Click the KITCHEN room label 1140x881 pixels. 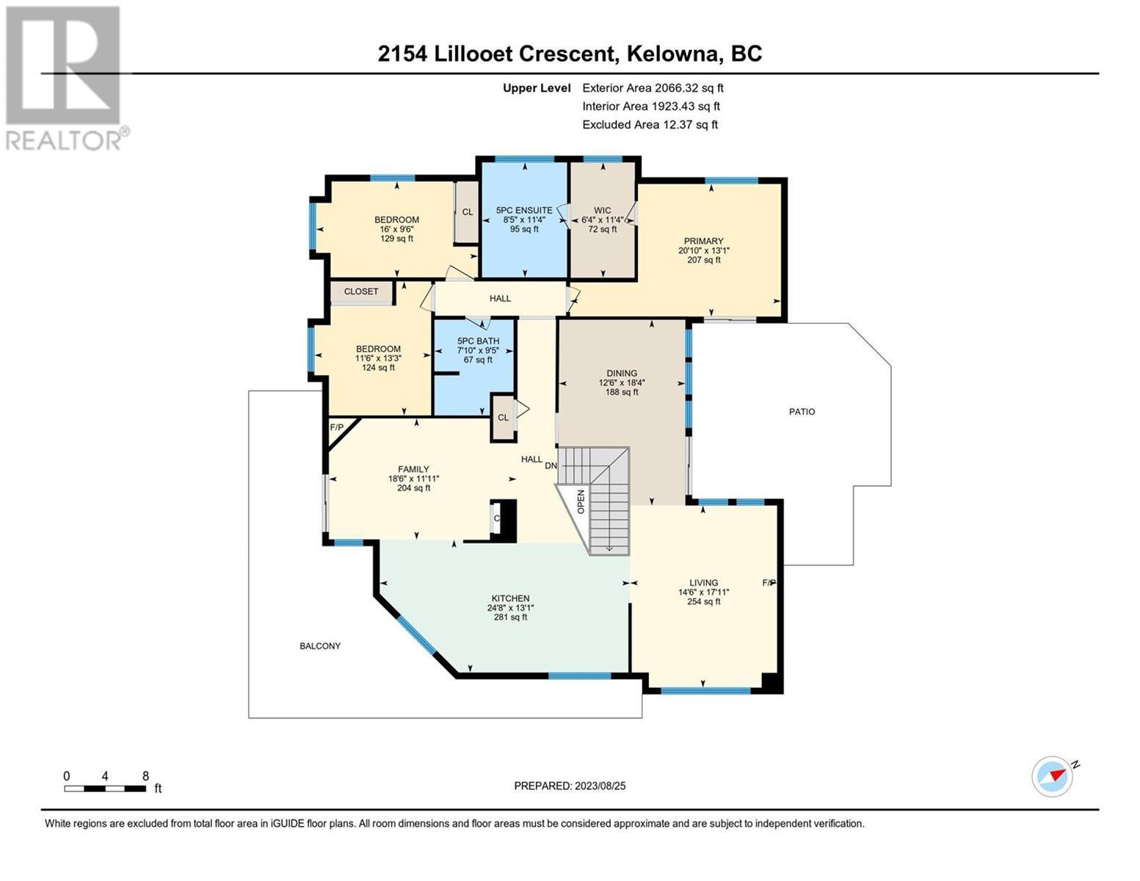(x=510, y=598)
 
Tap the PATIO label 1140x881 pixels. (x=802, y=412)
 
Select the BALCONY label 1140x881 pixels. (x=320, y=646)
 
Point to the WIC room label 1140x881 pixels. (x=602, y=211)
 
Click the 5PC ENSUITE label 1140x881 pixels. (x=524, y=211)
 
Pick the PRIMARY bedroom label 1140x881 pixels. (x=703, y=242)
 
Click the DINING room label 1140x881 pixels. (x=622, y=374)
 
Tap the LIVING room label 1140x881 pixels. (x=703, y=582)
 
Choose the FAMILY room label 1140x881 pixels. (x=413, y=469)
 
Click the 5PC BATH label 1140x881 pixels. (x=478, y=341)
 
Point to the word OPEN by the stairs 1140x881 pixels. (x=581, y=501)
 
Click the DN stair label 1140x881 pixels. (x=551, y=465)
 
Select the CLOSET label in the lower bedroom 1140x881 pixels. (x=361, y=291)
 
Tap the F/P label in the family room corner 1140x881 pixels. (x=336, y=427)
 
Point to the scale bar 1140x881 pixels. (x=105, y=788)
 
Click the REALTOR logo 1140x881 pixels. (x=65, y=79)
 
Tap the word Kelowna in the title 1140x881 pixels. (x=672, y=54)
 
